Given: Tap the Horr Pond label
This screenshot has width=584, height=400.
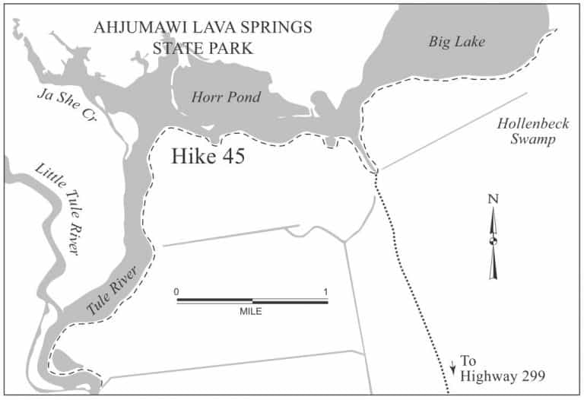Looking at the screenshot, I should [x=226, y=97].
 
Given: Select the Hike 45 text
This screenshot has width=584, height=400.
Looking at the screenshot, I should [x=207, y=157].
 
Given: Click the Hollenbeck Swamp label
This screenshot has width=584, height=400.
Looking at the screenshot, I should [x=525, y=132].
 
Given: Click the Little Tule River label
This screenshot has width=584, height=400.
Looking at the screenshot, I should [x=56, y=208].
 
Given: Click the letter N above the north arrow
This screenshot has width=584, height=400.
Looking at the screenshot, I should [x=493, y=200].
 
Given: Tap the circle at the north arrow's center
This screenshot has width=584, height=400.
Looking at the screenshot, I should [x=494, y=242].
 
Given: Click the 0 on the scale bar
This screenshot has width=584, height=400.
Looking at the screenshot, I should [x=176, y=291].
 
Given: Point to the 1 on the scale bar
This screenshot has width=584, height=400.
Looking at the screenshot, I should [x=325, y=291].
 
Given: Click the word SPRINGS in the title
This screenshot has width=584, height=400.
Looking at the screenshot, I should [x=277, y=29].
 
